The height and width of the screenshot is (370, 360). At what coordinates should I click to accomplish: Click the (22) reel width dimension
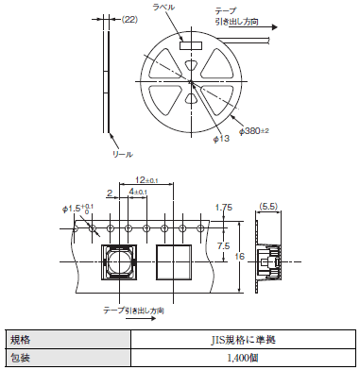129,20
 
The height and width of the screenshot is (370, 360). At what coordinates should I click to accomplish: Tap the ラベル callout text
163,7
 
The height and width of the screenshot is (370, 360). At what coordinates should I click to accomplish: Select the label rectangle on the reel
191,45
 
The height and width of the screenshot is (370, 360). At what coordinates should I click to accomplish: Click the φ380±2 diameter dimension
254,131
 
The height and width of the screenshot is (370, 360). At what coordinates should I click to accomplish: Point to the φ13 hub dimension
221,139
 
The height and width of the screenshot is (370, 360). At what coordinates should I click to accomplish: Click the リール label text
123,154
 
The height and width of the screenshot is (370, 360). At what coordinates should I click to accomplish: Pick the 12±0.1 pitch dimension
146,180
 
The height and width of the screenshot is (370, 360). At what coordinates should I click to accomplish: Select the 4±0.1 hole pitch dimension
138,192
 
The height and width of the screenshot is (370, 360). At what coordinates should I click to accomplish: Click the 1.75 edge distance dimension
224,208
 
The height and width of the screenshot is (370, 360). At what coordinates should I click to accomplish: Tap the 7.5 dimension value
223,245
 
